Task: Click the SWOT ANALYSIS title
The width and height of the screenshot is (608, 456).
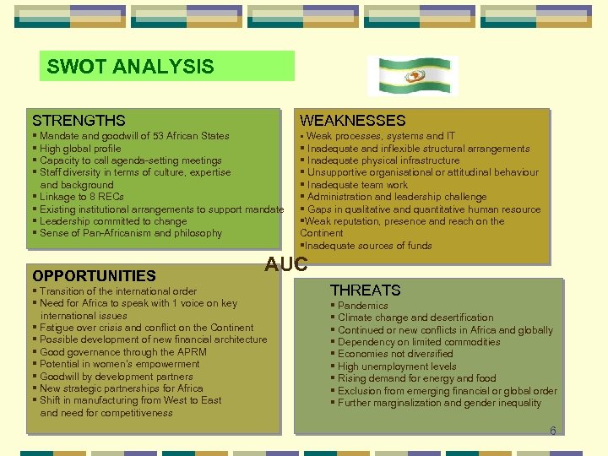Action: click(x=131, y=67)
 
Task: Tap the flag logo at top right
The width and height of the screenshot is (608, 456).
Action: click(x=413, y=76)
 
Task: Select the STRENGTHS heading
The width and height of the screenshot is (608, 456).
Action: click(x=79, y=121)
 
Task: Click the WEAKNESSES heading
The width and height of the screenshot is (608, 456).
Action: click(x=352, y=121)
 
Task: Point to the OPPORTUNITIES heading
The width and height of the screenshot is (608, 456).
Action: click(x=94, y=275)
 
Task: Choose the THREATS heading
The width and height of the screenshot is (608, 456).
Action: click(x=365, y=290)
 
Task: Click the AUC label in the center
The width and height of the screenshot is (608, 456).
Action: click(x=286, y=264)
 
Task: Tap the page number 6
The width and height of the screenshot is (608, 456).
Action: click(x=552, y=431)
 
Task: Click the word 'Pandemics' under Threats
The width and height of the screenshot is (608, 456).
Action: click(x=363, y=306)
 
